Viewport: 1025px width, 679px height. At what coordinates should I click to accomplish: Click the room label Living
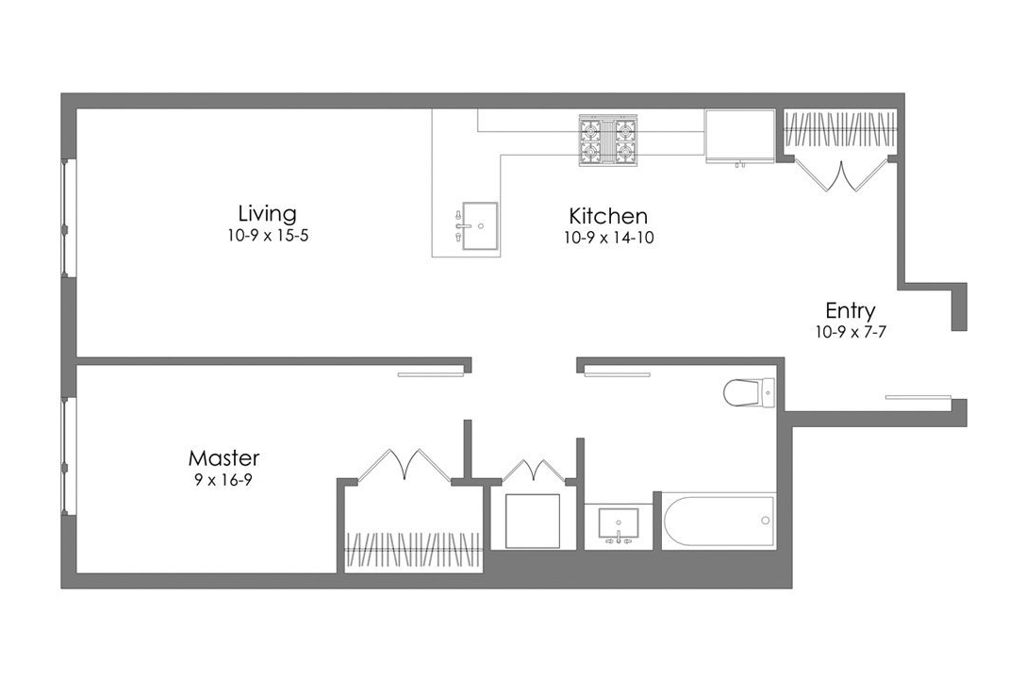click(x=267, y=213)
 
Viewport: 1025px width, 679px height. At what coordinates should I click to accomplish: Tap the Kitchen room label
click(x=608, y=215)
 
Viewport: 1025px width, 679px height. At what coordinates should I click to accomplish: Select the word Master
click(x=223, y=458)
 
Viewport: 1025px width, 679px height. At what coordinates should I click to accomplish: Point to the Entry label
click(x=850, y=310)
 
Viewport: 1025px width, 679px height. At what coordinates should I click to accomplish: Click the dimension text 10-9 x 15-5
click(x=267, y=237)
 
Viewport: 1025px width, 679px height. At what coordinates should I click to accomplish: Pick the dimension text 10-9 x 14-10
click(x=608, y=239)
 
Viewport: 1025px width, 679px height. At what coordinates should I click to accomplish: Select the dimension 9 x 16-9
click(x=223, y=480)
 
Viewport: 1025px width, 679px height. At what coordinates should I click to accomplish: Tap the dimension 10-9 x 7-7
click(x=850, y=332)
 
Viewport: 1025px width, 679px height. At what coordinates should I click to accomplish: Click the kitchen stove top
click(x=608, y=141)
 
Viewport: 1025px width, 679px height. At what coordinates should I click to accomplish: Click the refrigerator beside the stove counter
click(x=739, y=137)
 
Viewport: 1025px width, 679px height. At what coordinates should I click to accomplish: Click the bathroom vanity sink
click(x=618, y=524)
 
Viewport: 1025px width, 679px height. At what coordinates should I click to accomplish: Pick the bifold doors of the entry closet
click(x=842, y=174)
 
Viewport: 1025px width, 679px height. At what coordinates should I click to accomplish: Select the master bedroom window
click(x=66, y=456)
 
